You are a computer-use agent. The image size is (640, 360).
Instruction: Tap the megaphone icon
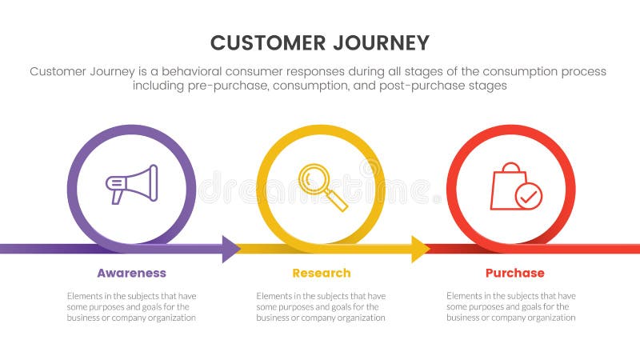pos(132,184)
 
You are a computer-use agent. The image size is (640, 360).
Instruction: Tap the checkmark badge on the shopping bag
pos(528,196)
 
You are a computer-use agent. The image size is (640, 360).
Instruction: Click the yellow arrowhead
pos(420,249)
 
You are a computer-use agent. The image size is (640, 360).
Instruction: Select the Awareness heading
pos(131,274)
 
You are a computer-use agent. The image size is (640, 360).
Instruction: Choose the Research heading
pos(321,274)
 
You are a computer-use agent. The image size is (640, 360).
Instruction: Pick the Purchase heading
pos(514,274)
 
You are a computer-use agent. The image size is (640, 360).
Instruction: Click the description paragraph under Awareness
pos(131,306)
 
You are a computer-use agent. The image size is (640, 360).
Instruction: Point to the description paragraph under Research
pos(321,306)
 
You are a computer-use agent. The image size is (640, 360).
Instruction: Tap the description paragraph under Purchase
pos(510,306)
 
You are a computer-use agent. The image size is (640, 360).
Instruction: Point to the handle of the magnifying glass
pos(337,199)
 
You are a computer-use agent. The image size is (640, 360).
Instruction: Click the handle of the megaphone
pos(118,196)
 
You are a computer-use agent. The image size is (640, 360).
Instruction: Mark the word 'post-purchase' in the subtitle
pos(431,86)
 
